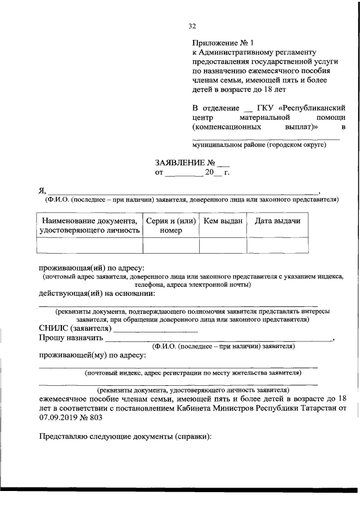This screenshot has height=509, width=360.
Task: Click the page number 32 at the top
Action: click(x=192, y=26)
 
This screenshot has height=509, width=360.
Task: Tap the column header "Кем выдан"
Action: click(x=223, y=221)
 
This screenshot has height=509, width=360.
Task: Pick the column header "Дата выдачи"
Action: click(x=277, y=221)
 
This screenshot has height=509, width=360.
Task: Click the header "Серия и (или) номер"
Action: click(x=171, y=226)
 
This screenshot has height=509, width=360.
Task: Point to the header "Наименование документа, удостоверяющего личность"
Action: click(x=89, y=226)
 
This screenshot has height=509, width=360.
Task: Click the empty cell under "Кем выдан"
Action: click(x=223, y=246)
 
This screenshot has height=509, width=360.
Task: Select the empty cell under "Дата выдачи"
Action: click(x=277, y=246)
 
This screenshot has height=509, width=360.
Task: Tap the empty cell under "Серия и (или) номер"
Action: click(x=171, y=246)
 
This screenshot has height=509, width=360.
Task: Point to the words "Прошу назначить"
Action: click(x=71, y=339)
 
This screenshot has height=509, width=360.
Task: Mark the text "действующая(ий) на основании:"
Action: click(x=97, y=293)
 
